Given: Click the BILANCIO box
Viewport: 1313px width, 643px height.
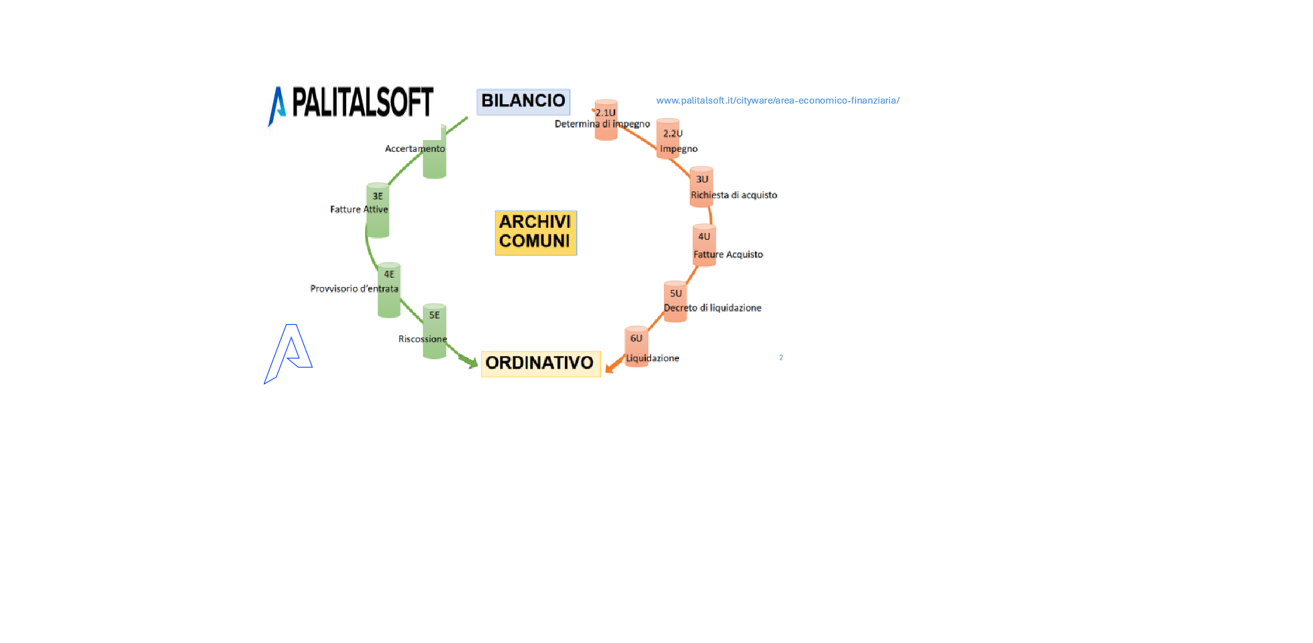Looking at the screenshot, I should tap(523, 101).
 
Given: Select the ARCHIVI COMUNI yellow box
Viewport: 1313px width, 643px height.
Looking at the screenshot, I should tap(535, 232).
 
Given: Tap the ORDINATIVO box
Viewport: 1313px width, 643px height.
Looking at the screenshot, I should tap(540, 363).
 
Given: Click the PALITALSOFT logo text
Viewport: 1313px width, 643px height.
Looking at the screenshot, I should tap(362, 102).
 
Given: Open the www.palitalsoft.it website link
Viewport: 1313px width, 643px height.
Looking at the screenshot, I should tap(777, 100).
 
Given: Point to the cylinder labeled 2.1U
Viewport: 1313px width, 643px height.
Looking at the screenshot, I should tap(606, 120).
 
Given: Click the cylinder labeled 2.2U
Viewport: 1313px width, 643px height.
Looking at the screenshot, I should tap(668, 139).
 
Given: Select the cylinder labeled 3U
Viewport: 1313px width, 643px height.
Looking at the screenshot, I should tap(701, 186).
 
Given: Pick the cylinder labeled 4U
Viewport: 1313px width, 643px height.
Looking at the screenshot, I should tap(704, 244).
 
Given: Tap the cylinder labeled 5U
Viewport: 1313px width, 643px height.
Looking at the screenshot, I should tap(675, 301).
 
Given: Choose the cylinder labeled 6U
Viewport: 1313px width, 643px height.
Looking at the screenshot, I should tap(636, 346).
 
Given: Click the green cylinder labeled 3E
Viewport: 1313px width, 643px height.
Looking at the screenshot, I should tap(378, 210).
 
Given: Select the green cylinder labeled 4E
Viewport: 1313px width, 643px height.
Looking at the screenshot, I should tap(389, 290).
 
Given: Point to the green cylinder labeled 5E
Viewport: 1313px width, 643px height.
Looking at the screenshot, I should tap(434, 331).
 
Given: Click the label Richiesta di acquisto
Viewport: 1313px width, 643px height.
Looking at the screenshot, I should tap(734, 195).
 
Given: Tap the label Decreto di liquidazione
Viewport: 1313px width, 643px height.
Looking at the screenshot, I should tap(712, 308).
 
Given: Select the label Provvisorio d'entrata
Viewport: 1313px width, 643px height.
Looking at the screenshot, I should tap(354, 289).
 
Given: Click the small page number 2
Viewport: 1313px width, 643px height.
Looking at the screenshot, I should tap(781, 357).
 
